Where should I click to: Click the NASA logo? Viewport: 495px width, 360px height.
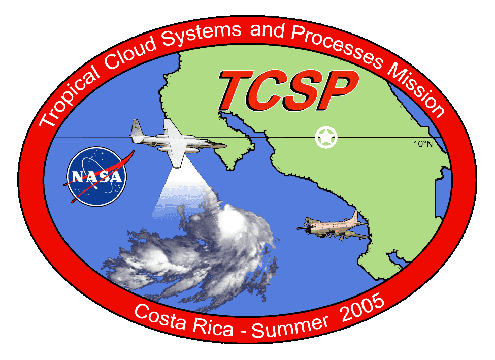(x=96, y=176)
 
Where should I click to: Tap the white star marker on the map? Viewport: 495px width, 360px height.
(x=326, y=137)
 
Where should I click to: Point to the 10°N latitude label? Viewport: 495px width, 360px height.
(x=423, y=144)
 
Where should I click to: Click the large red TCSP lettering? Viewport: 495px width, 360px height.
(x=288, y=90)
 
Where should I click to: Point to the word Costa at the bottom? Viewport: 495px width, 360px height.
(x=160, y=317)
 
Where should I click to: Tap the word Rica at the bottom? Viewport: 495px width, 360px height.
(x=213, y=327)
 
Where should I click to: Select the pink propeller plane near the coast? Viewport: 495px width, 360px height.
(x=333, y=226)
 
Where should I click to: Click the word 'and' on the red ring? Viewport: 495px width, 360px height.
(x=267, y=31)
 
